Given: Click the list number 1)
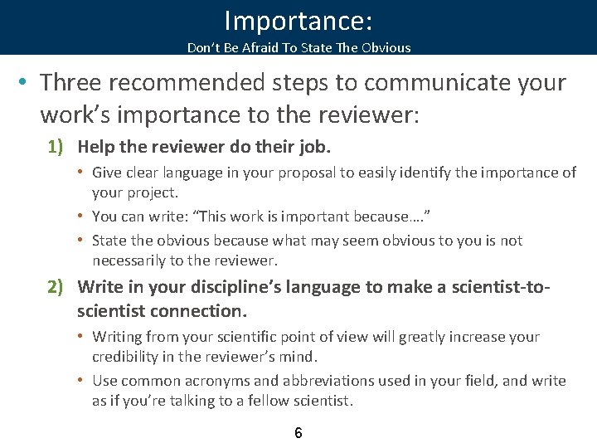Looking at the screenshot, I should coord(56,147).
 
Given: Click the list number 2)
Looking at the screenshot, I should coord(56,287).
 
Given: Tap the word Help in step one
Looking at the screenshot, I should coord(95,147).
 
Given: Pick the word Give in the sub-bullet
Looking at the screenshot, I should coord(107,173).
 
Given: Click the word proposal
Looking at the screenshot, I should coord(303,173).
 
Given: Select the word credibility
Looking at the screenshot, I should coord(129,357).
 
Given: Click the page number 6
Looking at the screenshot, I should coord(298,433).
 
